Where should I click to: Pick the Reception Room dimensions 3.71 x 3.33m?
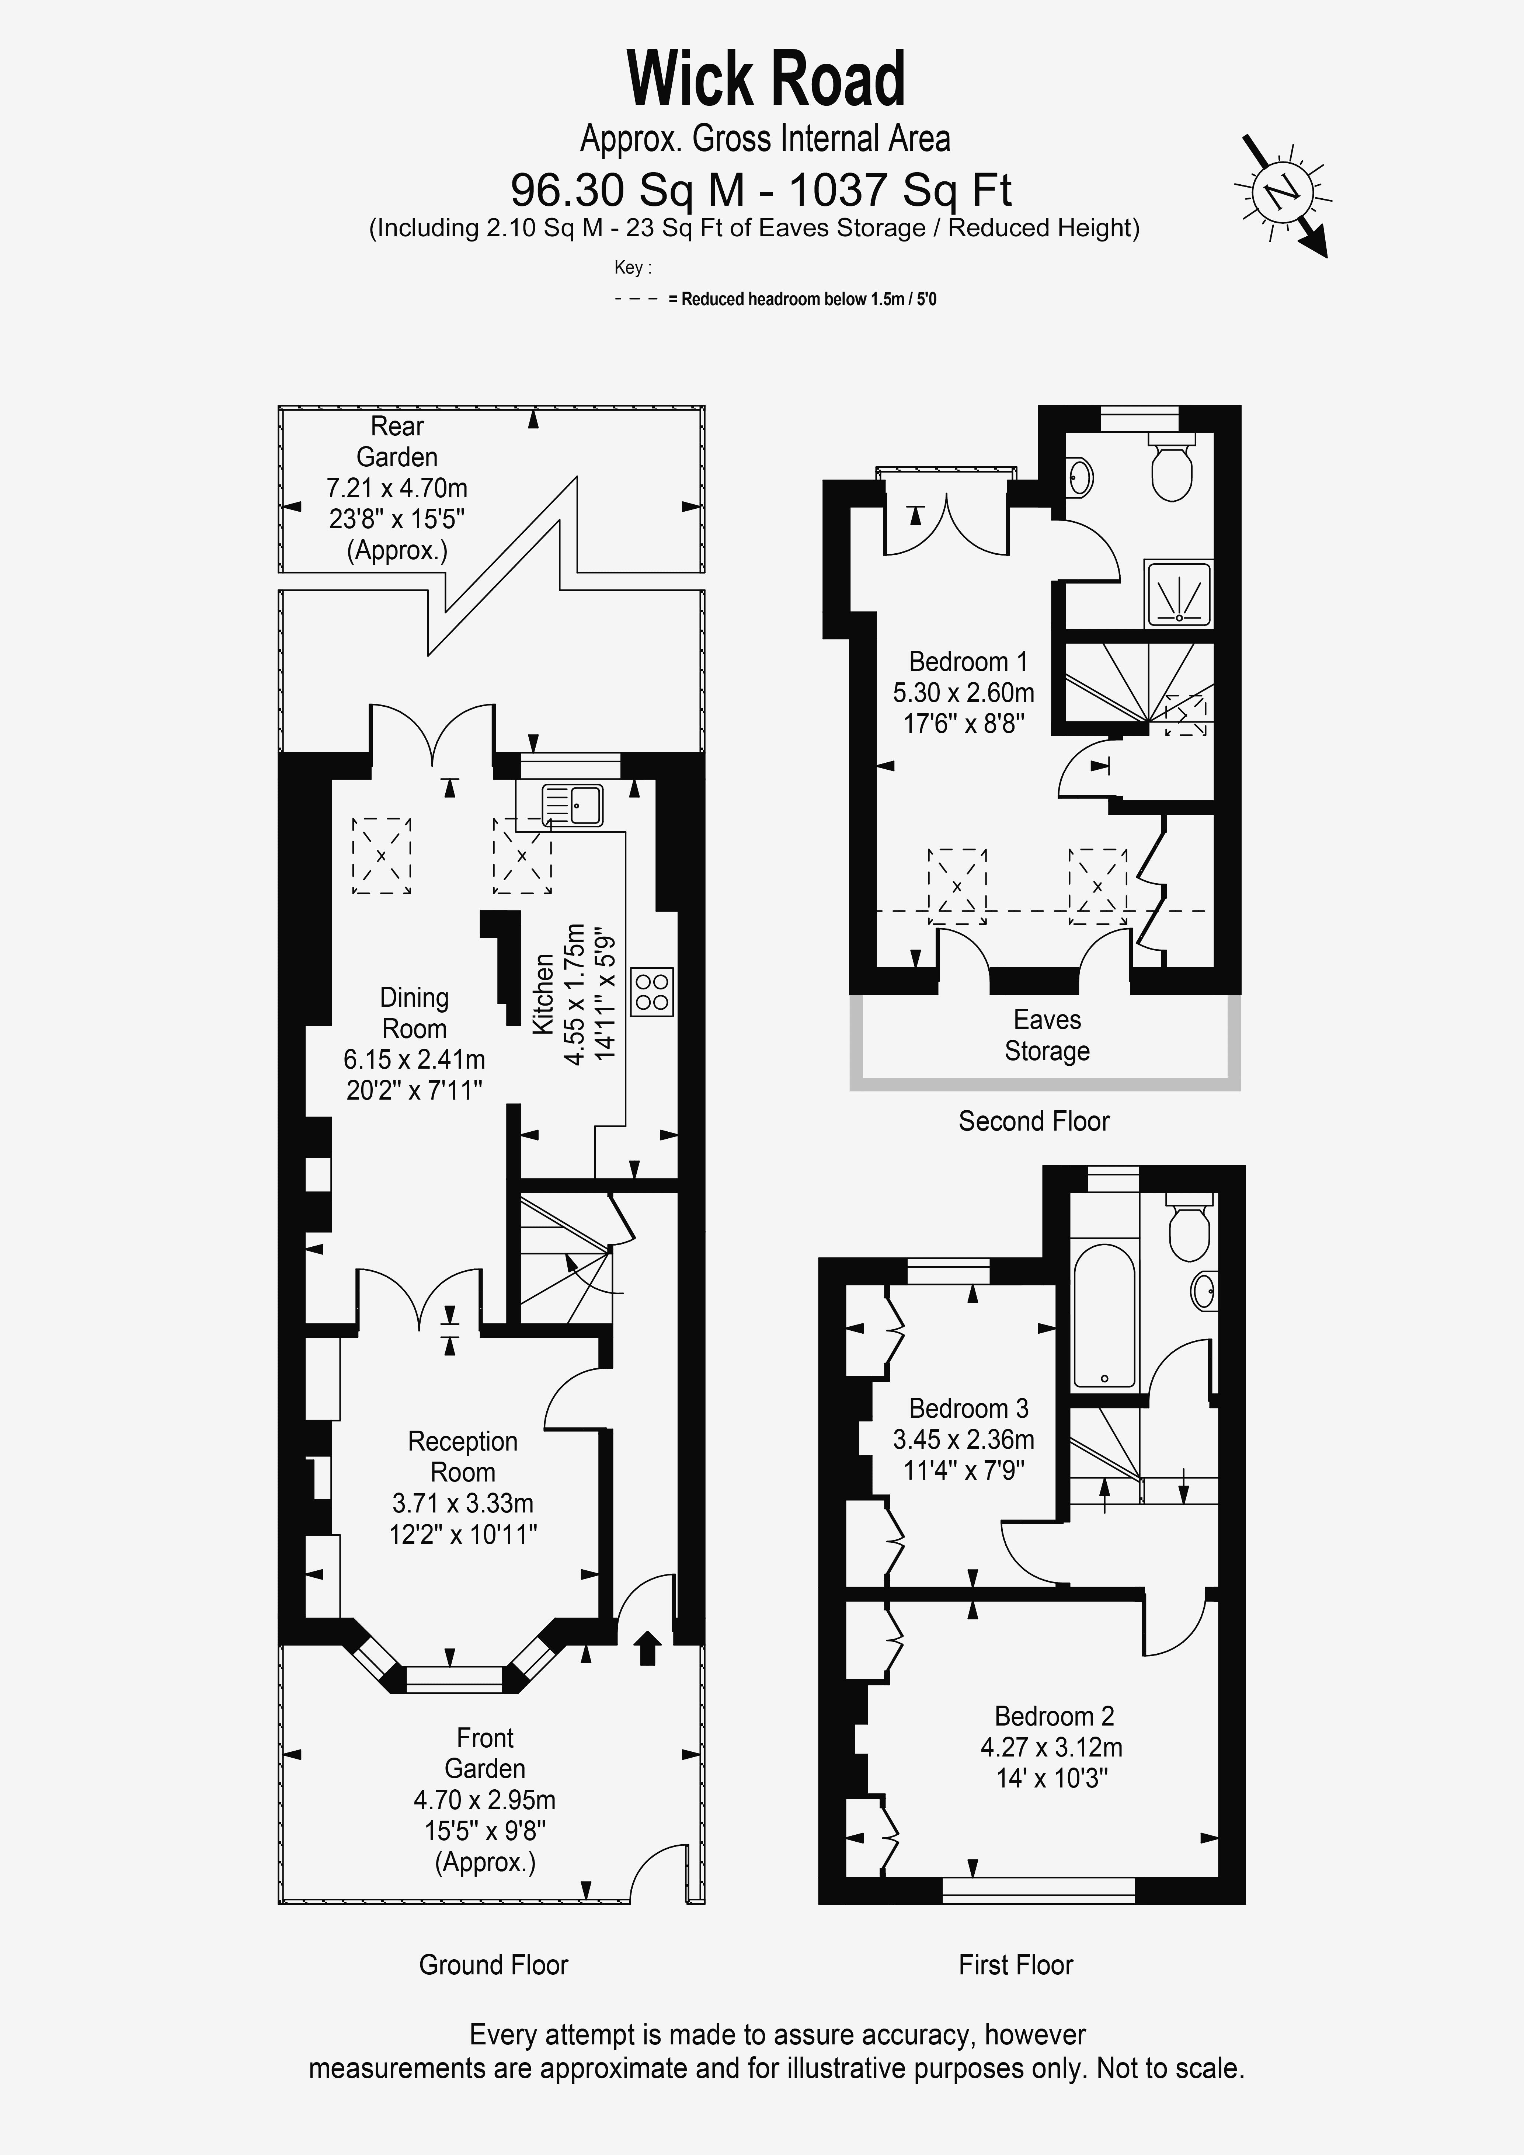463,1503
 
